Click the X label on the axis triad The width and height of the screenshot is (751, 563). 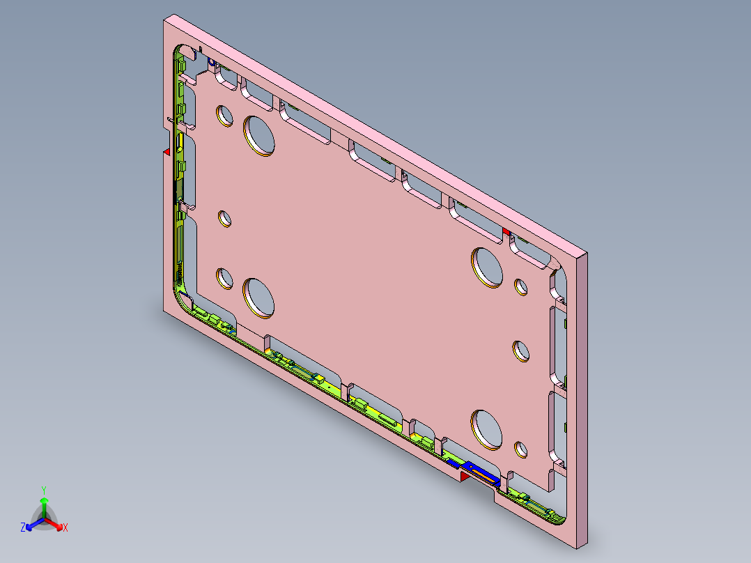(x=65, y=527)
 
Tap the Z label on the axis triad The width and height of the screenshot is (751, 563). (x=22, y=527)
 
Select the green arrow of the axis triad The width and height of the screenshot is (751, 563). (x=43, y=503)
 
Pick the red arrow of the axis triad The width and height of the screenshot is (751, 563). (x=58, y=525)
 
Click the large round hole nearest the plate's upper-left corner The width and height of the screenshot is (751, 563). (x=258, y=135)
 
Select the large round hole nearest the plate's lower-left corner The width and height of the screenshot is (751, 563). (x=258, y=298)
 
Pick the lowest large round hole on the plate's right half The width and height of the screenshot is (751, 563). (x=487, y=429)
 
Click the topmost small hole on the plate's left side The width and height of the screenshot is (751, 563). (x=224, y=114)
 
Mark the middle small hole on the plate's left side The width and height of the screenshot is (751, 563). (x=225, y=219)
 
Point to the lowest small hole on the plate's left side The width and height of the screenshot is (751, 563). (x=224, y=278)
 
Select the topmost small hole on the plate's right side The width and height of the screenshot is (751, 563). (x=520, y=286)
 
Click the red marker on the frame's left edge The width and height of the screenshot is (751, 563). (x=167, y=151)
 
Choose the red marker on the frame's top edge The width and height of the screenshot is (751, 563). (x=506, y=231)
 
